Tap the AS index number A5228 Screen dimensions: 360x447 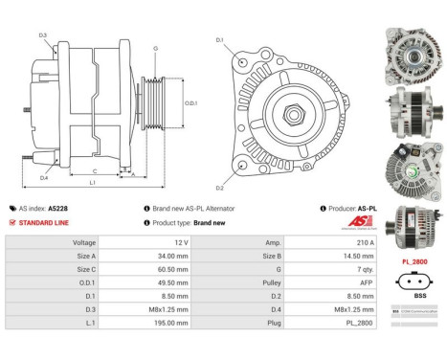click(58, 208)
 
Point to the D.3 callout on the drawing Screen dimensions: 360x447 click(43, 35)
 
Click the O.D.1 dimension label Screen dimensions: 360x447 click(190, 102)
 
